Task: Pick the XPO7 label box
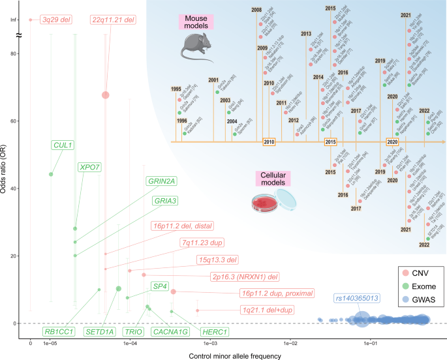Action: click(x=89, y=168)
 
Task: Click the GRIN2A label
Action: click(x=162, y=181)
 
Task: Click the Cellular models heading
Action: click(x=273, y=178)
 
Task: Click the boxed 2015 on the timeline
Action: click(x=331, y=142)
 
